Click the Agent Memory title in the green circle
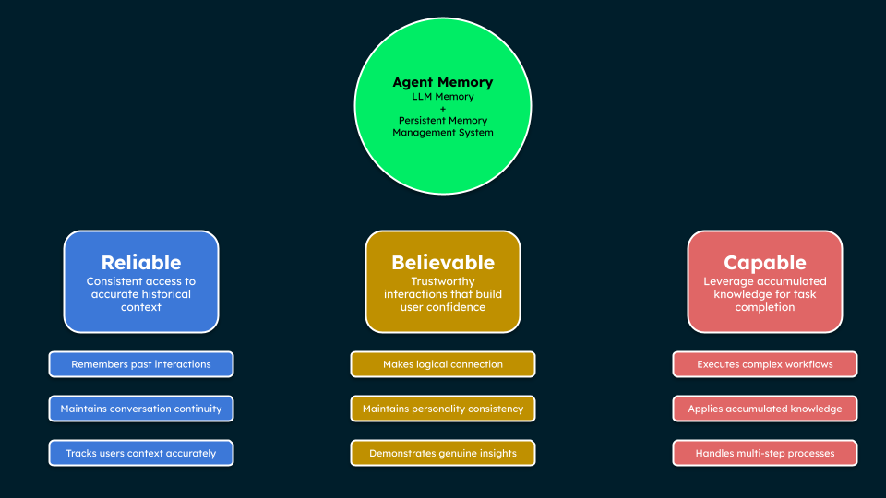click(443, 82)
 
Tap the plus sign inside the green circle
click(443, 109)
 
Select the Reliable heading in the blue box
click(141, 262)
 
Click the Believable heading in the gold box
click(443, 262)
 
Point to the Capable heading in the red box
click(765, 262)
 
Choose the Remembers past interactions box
click(141, 364)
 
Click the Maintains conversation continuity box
click(141, 409)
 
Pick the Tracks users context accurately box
click(141, 453)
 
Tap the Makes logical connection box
click(443, 364)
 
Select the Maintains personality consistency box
click(443, 409)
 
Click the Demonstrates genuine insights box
click(443, 453)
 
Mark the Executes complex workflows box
click(765, 364)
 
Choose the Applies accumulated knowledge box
click(765, 409)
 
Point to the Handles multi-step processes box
click(765, 453)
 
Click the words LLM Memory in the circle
click(443, 97)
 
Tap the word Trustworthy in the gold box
click(443, 281)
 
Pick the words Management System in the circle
click(443, 133)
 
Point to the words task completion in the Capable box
click(765, 301)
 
